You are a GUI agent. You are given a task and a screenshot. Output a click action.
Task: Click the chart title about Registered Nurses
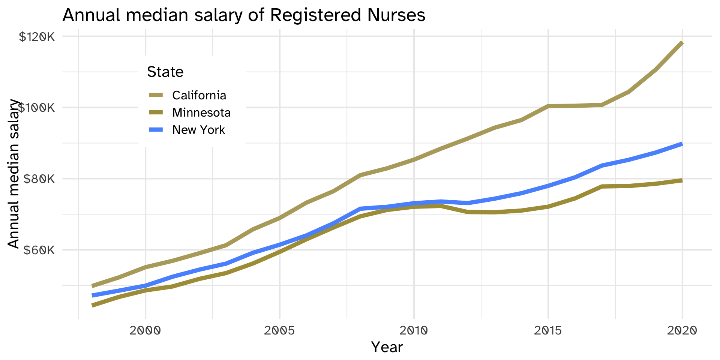coord(244,15)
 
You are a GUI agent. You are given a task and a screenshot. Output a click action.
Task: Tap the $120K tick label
coord(37,37)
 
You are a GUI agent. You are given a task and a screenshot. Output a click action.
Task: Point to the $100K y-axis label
coord(37,108)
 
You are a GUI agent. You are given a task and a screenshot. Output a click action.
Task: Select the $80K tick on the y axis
coord(39,179)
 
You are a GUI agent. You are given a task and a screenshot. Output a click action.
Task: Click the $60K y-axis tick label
coord(39,250)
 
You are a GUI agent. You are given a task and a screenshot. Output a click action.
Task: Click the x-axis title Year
coord(387,347)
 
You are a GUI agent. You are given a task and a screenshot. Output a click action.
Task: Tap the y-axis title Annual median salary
coord(13,174)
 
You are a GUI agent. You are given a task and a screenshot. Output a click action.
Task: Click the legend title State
coord(165,72)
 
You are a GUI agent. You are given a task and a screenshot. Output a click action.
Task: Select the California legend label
coord(199,95)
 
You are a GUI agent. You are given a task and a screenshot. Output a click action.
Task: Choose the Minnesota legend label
coord(201,112)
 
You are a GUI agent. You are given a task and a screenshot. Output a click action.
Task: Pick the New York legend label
coord(198,130)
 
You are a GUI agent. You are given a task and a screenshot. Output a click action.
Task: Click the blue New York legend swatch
coord(156,130)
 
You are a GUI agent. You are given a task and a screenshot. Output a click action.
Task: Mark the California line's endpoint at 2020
coord(682,43)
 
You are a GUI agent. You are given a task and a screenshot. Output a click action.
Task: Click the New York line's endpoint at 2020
coord(682,144)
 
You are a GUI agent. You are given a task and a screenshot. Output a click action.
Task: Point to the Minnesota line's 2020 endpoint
coord(682,180)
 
